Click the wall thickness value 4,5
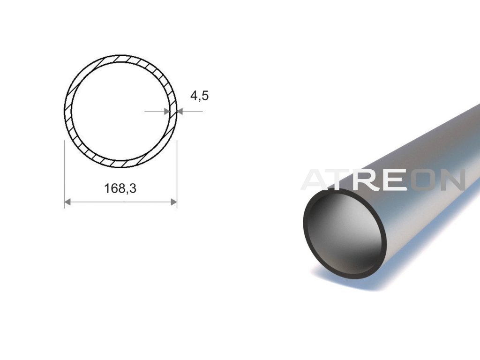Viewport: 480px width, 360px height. pyautogui.click(x=199, y=96)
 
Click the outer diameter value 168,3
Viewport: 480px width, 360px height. pyautogui.click(x=120, y=188)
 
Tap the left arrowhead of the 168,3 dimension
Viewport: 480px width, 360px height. pyautogui.click(x=67, y=202)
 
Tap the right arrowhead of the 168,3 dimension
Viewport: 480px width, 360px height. pyautogui.click(x=173, y=202)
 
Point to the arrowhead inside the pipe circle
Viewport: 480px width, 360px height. pyautogui.click(x=167, y=112)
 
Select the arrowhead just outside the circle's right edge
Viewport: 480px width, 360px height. pyautogui.click(x=180, y=112)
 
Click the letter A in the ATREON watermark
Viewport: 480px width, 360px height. pyautogui.click(x=318, y=180)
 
